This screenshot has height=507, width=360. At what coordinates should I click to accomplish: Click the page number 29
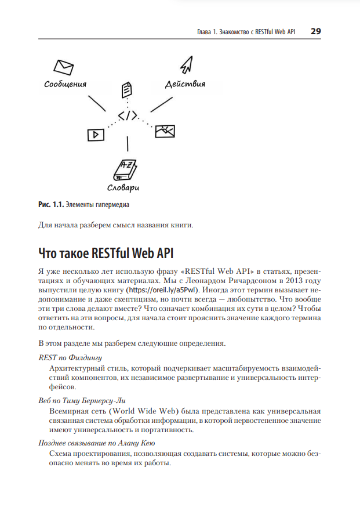tap(315, 31)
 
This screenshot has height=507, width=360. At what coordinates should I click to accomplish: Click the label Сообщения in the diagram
tap(66, 84)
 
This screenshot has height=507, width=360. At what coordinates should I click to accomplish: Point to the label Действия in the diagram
tap(185, 84)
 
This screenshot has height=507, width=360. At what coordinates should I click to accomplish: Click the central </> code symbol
tap(128, 116)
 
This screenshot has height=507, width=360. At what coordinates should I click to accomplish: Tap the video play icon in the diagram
tap(95, 135)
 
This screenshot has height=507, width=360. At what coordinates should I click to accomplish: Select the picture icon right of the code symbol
tap(165, 131)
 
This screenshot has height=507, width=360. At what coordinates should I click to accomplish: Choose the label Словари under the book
tap(123, 188)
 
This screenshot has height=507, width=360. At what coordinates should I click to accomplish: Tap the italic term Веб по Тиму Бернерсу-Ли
tap(82, 400)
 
